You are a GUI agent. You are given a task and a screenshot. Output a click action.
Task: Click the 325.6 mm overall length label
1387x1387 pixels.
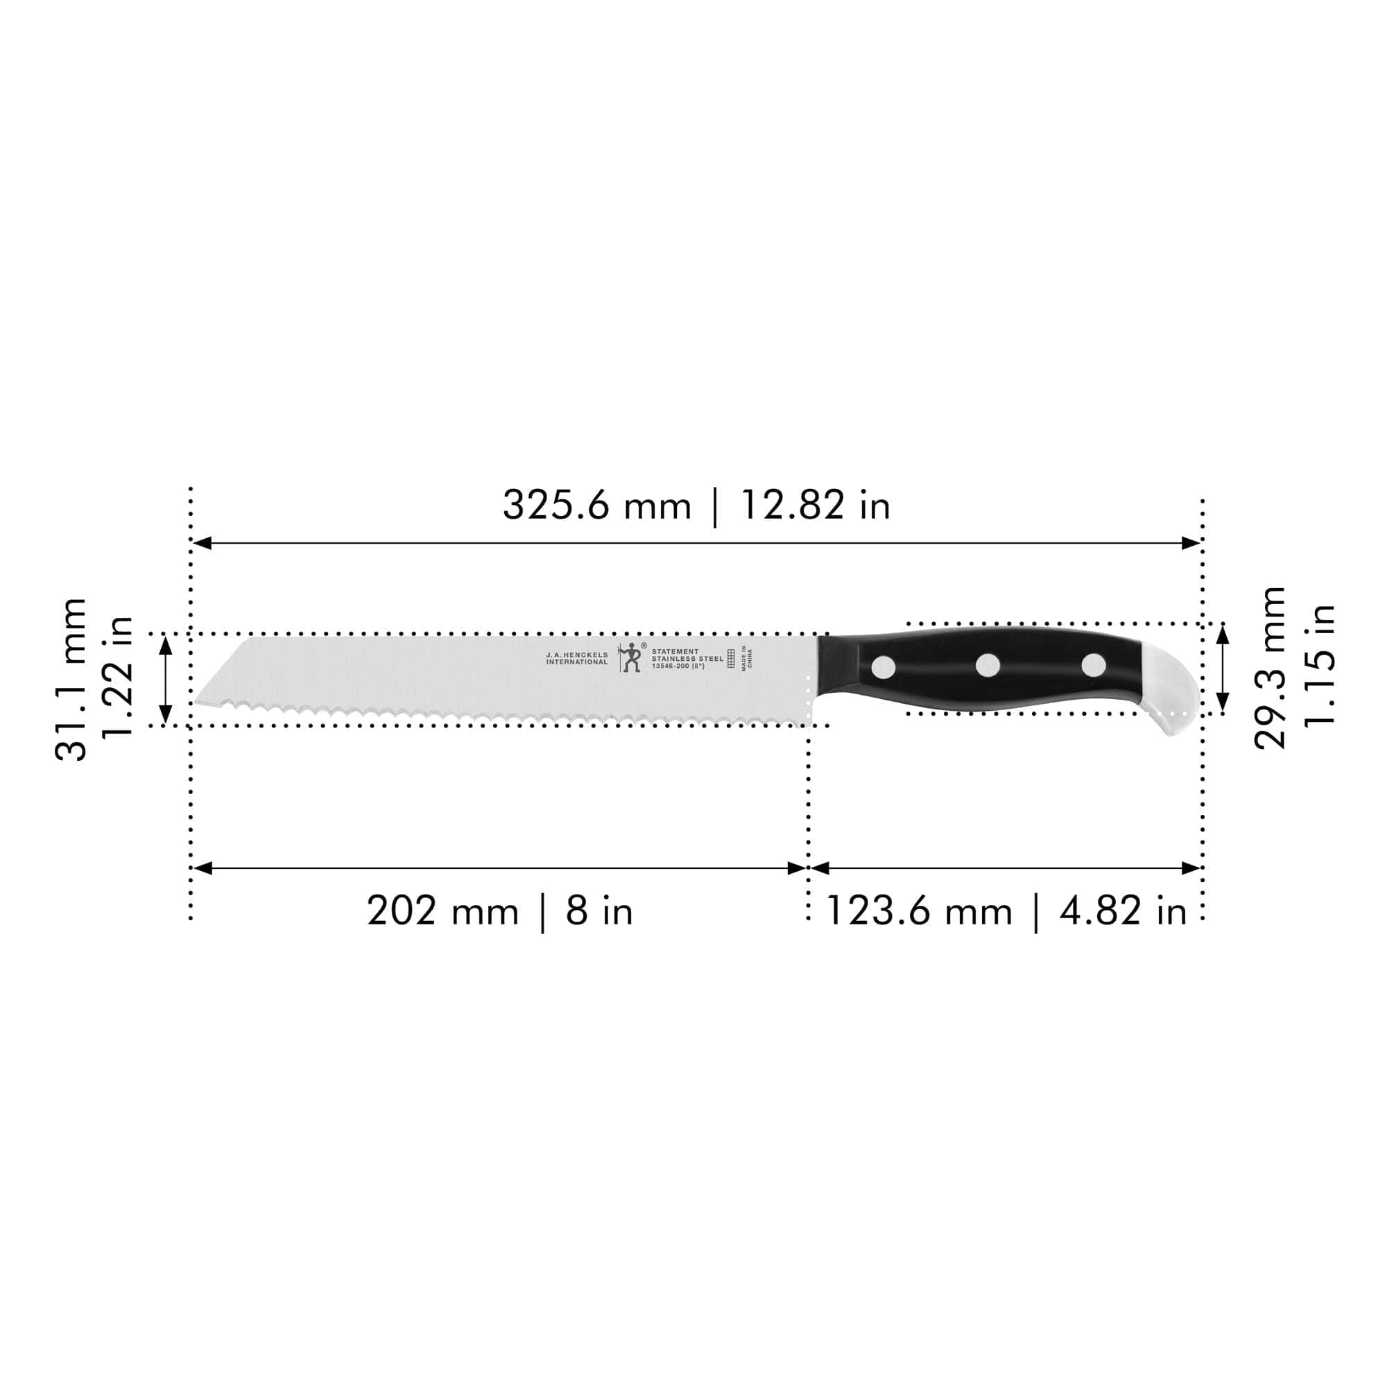tap(596, 506)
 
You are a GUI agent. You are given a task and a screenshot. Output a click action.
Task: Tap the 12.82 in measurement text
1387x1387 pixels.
tap(815, 506)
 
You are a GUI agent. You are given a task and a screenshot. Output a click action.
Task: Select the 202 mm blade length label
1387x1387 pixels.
tap(442, 912)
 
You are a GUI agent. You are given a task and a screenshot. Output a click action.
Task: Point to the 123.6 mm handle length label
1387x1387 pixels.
tap(919, 912)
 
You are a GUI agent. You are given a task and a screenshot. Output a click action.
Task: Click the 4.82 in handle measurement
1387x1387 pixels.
tap(1123, 912)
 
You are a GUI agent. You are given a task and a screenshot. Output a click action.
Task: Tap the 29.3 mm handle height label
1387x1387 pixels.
tap(1269, 668)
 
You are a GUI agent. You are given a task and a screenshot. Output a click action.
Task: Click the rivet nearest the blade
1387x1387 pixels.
tap(884, 667)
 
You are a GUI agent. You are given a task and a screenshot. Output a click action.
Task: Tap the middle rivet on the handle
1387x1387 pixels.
tap(988, 666)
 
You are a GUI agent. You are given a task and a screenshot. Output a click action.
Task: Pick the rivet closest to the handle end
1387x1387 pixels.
tap(1094, 665)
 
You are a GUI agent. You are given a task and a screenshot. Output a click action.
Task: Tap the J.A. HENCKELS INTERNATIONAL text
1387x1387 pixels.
tap(576, 658)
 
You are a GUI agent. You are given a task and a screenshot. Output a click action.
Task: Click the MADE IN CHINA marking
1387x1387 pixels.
tap(747, 658)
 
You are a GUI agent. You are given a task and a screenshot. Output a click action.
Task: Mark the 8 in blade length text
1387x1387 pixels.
tap(598, 912)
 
